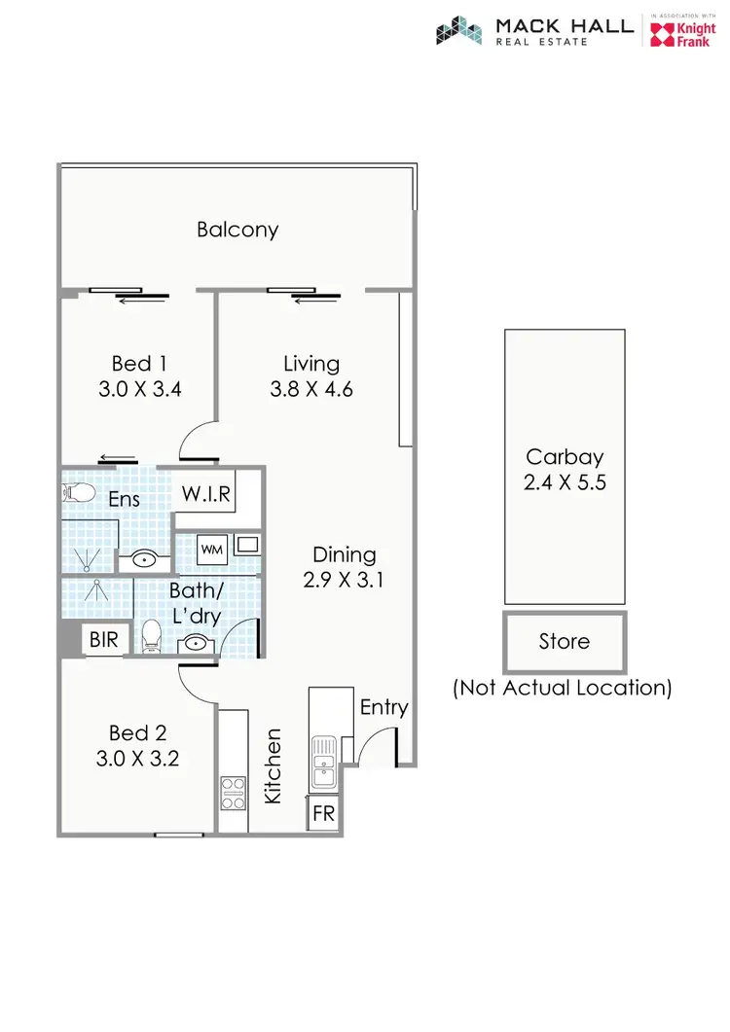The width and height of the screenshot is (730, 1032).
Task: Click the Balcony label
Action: click(237, 230)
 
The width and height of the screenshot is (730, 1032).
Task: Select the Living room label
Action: click(311, 364)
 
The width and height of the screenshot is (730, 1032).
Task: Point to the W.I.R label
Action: click(205, 493)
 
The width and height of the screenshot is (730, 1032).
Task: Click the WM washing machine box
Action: click(212, 550)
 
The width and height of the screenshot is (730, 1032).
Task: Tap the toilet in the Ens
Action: click(80, 492)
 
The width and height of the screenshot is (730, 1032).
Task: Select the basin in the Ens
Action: click(145, 560)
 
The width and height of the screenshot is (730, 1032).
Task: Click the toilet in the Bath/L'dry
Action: click(151, 637)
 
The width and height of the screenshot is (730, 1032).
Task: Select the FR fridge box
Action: click(323, 814)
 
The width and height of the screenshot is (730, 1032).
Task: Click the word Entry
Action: click(383, 707)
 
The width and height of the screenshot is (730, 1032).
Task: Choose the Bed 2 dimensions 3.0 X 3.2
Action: click(137, 759)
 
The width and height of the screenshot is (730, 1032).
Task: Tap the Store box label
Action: click(565, 642)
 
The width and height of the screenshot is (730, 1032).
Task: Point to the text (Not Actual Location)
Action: click(563, 688)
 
